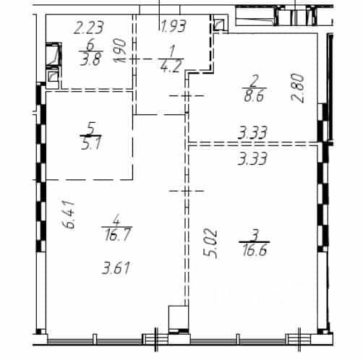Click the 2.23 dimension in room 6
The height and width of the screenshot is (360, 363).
coord(89,27)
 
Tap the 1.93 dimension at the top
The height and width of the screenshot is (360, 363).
coord(174,26)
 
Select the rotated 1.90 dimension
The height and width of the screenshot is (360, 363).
coord(120,51)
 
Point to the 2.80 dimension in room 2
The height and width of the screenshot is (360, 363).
coord(298,88)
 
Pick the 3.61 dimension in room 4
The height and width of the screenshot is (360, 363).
coord(116,268)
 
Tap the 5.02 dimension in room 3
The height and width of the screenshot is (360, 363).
coord(210,244)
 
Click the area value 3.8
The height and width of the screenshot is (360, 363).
coord(90,59)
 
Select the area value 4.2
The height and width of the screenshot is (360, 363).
coord(171,67)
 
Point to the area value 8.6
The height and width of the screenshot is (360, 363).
coord(254,95)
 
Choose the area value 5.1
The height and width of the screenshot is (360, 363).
coord(91,144)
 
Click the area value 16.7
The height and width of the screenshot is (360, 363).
coord(118,234)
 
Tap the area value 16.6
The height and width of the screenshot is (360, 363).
coord(255,249)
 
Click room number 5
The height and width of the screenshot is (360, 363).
coord(92,129)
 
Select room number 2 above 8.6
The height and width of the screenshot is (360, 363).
coord(255,81)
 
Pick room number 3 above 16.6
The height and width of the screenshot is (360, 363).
coord(255,236)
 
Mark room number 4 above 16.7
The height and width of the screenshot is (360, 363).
coord(116,220)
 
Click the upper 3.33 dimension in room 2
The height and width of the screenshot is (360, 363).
coord(252,133)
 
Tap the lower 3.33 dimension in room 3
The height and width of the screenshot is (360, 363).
coord(252,158)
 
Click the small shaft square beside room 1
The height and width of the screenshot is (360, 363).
coord(219,25)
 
